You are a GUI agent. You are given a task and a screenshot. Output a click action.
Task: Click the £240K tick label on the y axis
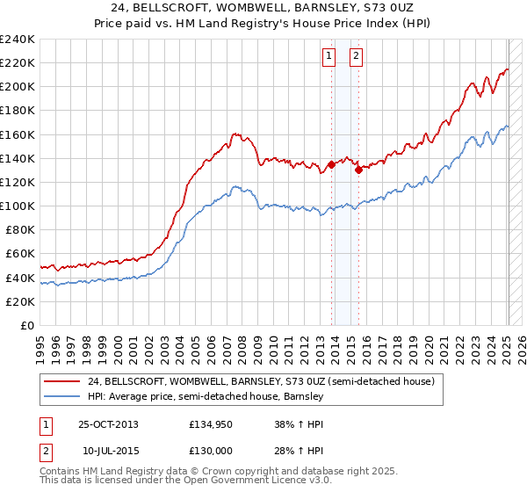[18, 40]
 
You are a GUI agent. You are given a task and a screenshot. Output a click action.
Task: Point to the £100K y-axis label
[18, 206]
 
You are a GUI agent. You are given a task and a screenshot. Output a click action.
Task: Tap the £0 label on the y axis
[26, 325]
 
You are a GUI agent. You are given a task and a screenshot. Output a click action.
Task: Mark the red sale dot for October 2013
[331, 164]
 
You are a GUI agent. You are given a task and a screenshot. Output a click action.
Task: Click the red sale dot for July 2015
[358, 170]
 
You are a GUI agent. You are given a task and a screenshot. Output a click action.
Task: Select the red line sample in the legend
[61, 381]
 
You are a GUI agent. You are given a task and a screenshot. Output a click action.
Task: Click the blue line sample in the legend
[61, 397]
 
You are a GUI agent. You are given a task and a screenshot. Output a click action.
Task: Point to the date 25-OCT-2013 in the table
[108, 424]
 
